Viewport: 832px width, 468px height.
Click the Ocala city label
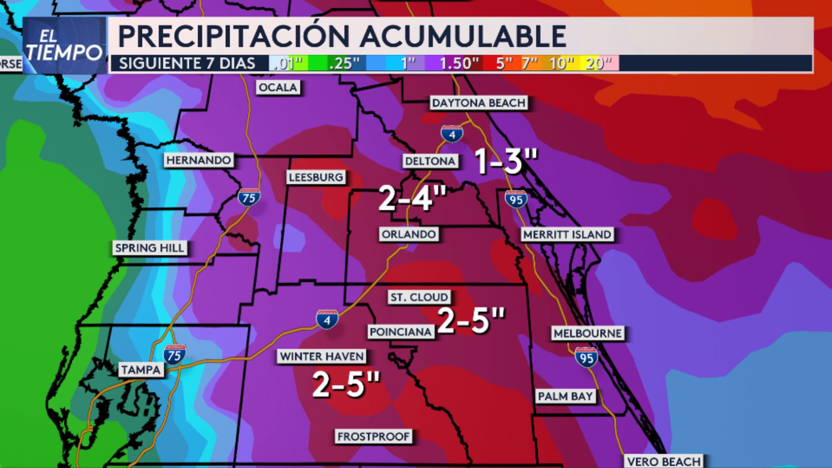[x=278, y=88]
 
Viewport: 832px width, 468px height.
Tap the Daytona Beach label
[x=479, y=103]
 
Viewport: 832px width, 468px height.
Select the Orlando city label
[x=409, y=234]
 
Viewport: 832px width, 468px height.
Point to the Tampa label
[x=141, y=370]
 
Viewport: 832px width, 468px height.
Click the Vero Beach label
[x=663, y=461]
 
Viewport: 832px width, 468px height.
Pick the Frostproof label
[x=373, y=436]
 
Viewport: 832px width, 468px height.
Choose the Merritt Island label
[x=567, y=234]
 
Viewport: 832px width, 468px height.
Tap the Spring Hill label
[x=149, y=248]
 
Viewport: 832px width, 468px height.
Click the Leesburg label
[x=316, y=177]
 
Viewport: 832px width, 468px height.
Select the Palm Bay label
[x=565, y=396]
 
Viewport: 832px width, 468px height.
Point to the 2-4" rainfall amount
[x=412, y=198]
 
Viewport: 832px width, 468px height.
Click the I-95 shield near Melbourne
[x=586, y=357]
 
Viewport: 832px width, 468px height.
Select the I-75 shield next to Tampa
[x=175, y=355]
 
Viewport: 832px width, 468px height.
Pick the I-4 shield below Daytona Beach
[x=452, y=134]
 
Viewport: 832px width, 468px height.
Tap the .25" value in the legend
[x=344, y=64]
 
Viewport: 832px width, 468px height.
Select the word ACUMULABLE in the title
[x=463, y=36]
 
